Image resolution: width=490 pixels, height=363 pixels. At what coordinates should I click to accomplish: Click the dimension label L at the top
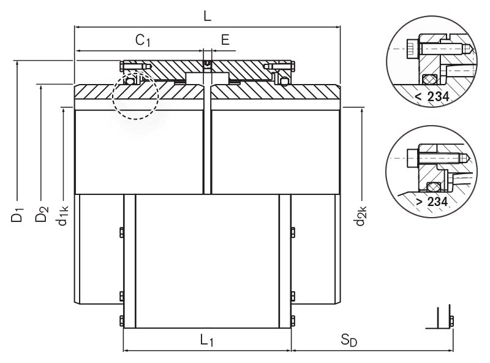[207, 17]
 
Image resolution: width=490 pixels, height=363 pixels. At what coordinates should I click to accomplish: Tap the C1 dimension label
[143, 41]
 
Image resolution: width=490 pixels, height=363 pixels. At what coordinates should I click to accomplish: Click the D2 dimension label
[41, 215]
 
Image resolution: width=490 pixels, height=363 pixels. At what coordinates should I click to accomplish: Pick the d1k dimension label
[64, 218]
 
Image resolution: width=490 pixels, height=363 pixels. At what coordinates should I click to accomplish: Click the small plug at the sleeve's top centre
[208, 63]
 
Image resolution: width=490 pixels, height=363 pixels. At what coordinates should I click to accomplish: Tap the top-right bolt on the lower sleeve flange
[292, 231]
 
